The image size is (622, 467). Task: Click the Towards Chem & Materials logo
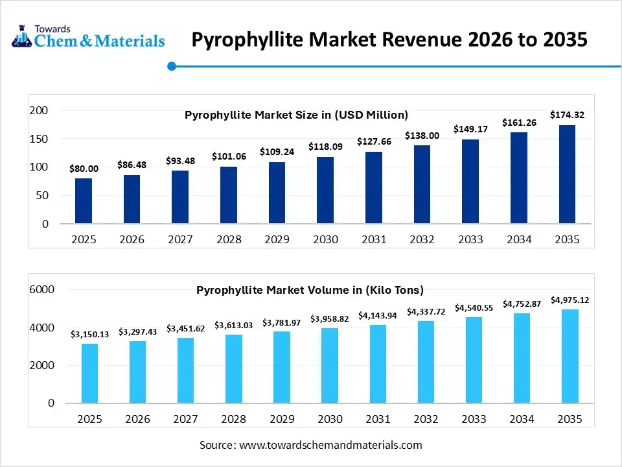click(x=88, y=38)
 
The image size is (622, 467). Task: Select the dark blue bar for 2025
click(x=84, y=201)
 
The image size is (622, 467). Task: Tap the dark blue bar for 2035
click(x=567, y=174)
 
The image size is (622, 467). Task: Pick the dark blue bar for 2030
click(x=325, y=190)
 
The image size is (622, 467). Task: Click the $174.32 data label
click(x=567, y=115)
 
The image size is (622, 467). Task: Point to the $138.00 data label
click(x=422, y=136)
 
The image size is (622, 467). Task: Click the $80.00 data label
click(x=84, y=169)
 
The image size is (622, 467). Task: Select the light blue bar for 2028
click(x=234, y=368)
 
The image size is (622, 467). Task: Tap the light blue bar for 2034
click(x=522, y=358)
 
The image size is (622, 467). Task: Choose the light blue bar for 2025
click(x=89, y=373)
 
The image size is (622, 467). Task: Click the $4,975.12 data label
click(x=570, y=300)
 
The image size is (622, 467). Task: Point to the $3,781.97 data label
click(x=282, y=322)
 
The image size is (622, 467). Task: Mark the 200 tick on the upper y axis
click(x=40, y=111)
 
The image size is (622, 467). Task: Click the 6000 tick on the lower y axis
click(x=41, y=289)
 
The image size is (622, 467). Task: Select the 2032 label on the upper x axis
click(x=422, y=239)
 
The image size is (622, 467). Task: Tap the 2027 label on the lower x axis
click(x=186, y=420)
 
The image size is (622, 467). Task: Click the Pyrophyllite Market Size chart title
click(x=296, y=115)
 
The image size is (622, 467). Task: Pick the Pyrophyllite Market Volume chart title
click(x=310, y=290)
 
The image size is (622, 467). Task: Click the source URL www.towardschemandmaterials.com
click(x=330, y=445)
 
